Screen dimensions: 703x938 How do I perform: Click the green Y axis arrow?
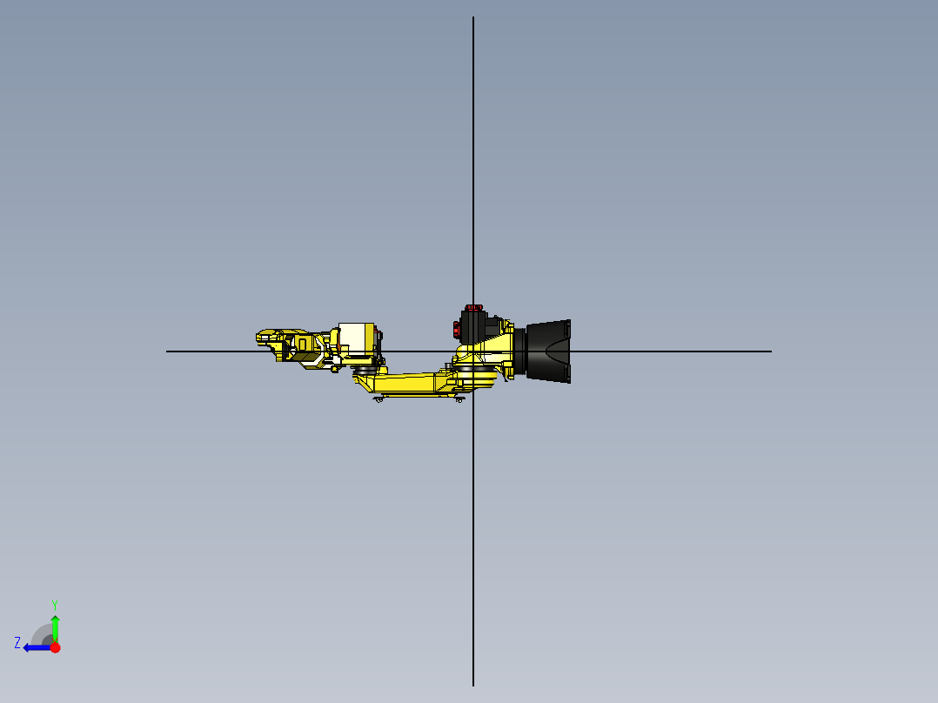[x=55, y=625]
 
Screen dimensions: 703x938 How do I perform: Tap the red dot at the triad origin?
[x=55, y=647]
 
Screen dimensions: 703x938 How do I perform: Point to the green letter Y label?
[x=54, y=604]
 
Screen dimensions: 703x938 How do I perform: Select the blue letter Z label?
[x=17, y=643]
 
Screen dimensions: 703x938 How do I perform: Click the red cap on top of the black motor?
[x=473, y=307]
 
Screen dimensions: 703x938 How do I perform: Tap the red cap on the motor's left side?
[x=455, y=329]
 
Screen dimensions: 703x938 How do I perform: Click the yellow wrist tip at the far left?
[x=265, y=336]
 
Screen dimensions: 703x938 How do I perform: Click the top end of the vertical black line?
[x=473, y=18]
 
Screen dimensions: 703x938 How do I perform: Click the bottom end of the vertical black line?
[x=473, y=684]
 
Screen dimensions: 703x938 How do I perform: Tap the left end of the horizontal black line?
[x=168, y=351]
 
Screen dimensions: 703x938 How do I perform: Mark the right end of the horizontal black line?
[x=770, y=351]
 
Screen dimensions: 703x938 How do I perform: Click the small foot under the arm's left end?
[x=379, y=398]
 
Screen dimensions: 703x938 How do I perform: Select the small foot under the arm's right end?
[x=459, y=398]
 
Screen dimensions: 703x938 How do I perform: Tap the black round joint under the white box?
[x=365, y=370]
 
